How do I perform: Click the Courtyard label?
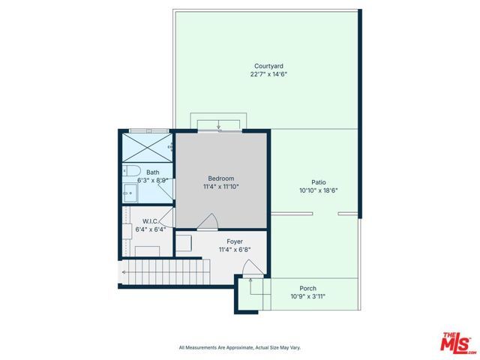click(x=267, y=66)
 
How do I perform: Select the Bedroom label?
click(x=221, y=178)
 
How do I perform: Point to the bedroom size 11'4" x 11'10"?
click(x=221, y=187)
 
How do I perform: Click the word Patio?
click(x=319, y=181)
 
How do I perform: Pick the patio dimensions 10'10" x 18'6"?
click(x=319, y=190)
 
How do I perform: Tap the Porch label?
click(x=307, y=288)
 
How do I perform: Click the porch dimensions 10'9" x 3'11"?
click(x=307, y=296)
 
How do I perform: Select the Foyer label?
click(x=234, y=241)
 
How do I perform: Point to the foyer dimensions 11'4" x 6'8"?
click(x=234, y=250)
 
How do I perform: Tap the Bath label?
click(x=152, y=172)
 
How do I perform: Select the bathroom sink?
click(x=129, y=193)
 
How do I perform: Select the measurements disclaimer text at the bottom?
click(x=239, y=347)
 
